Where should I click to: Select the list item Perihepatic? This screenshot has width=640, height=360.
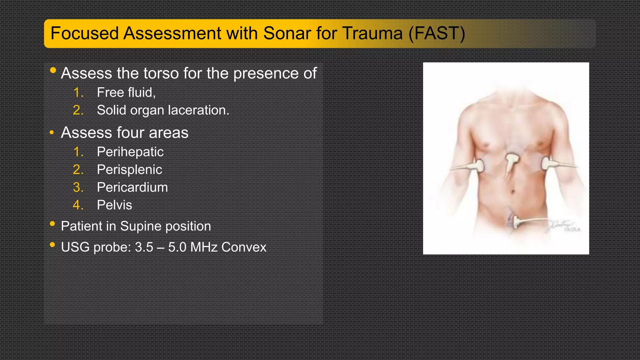(x=130, y=152)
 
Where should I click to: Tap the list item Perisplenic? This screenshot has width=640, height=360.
(x=129, y=170)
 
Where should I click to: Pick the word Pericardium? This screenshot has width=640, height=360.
(x=132, y=187)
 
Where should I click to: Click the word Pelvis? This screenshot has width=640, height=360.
(x=114, y=205)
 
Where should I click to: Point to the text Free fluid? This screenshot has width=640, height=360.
(x=126, y=92)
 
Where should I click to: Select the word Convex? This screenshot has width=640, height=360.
(x=244, y=247)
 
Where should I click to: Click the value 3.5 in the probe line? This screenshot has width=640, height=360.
(x=144, y=247)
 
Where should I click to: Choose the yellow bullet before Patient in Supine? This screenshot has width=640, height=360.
(x=52, y=224)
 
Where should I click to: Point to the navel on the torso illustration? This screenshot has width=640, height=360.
(x=512, y=191)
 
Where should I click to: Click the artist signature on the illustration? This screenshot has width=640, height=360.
(x=562, y=226)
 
